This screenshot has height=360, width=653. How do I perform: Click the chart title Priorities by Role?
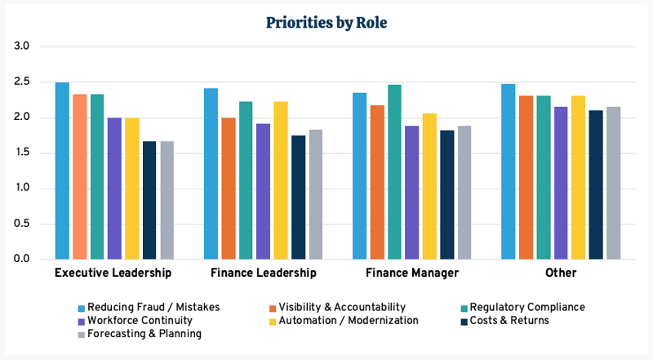[326, 23]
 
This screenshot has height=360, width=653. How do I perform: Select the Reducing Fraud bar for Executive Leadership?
[62, 171]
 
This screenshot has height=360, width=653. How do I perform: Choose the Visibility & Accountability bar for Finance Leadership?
[228, 188]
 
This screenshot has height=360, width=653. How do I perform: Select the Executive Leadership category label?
[113, 273]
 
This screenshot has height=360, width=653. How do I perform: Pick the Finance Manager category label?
[412, 273]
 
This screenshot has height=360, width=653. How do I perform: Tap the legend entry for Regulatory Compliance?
[527, 307]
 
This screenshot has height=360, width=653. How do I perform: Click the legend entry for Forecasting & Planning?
[140, 333]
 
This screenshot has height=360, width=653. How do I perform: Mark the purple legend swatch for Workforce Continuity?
[82, 321]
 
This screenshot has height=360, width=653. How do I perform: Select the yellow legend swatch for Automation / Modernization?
[273, 321]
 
